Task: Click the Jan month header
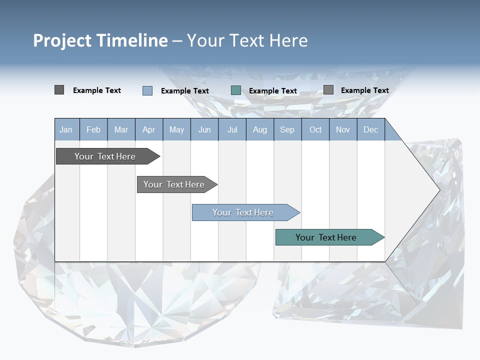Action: click(x=66, y=130)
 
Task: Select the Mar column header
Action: click(x=121, y=130)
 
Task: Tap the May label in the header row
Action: click(x=176, y=130)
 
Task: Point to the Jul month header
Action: click(x=232, y=130)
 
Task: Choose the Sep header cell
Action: click(x=287, y=130)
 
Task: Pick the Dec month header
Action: click(x=370, y=130)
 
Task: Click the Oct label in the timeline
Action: click(x=315, y=130)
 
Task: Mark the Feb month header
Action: click(x=93, y=130)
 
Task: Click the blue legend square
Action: click(x=147, y=90)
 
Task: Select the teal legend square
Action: click(x=236, y=90)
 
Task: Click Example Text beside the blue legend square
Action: click(x=185, y=91)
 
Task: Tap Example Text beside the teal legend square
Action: click(x=273, y=91)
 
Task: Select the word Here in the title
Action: click(x=288, y=40)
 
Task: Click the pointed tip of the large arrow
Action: click(x=438, y=190)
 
